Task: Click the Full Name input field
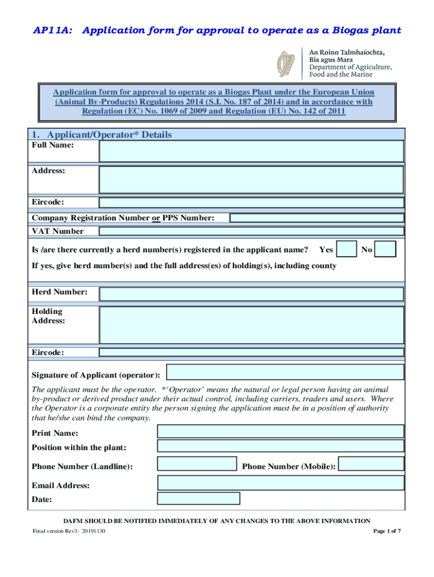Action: coord(251,151)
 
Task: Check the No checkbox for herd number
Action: coord(386,249)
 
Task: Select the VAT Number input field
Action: coord(251,231)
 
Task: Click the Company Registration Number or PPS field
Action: coord(317,218)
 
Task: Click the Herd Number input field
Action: coord(251,294)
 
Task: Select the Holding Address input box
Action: coord(251,325)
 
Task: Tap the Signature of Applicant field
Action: coord(285,372)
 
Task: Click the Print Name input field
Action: coord(280,432)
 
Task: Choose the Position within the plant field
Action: coord(280,446)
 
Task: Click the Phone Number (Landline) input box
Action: coord(197,464)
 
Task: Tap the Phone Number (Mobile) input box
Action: coord(371,464)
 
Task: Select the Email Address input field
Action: coord(280,483)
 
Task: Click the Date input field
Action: coord(198,499)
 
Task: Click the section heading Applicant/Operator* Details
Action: coord(101,135)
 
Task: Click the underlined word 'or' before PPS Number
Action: coord(156,218)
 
